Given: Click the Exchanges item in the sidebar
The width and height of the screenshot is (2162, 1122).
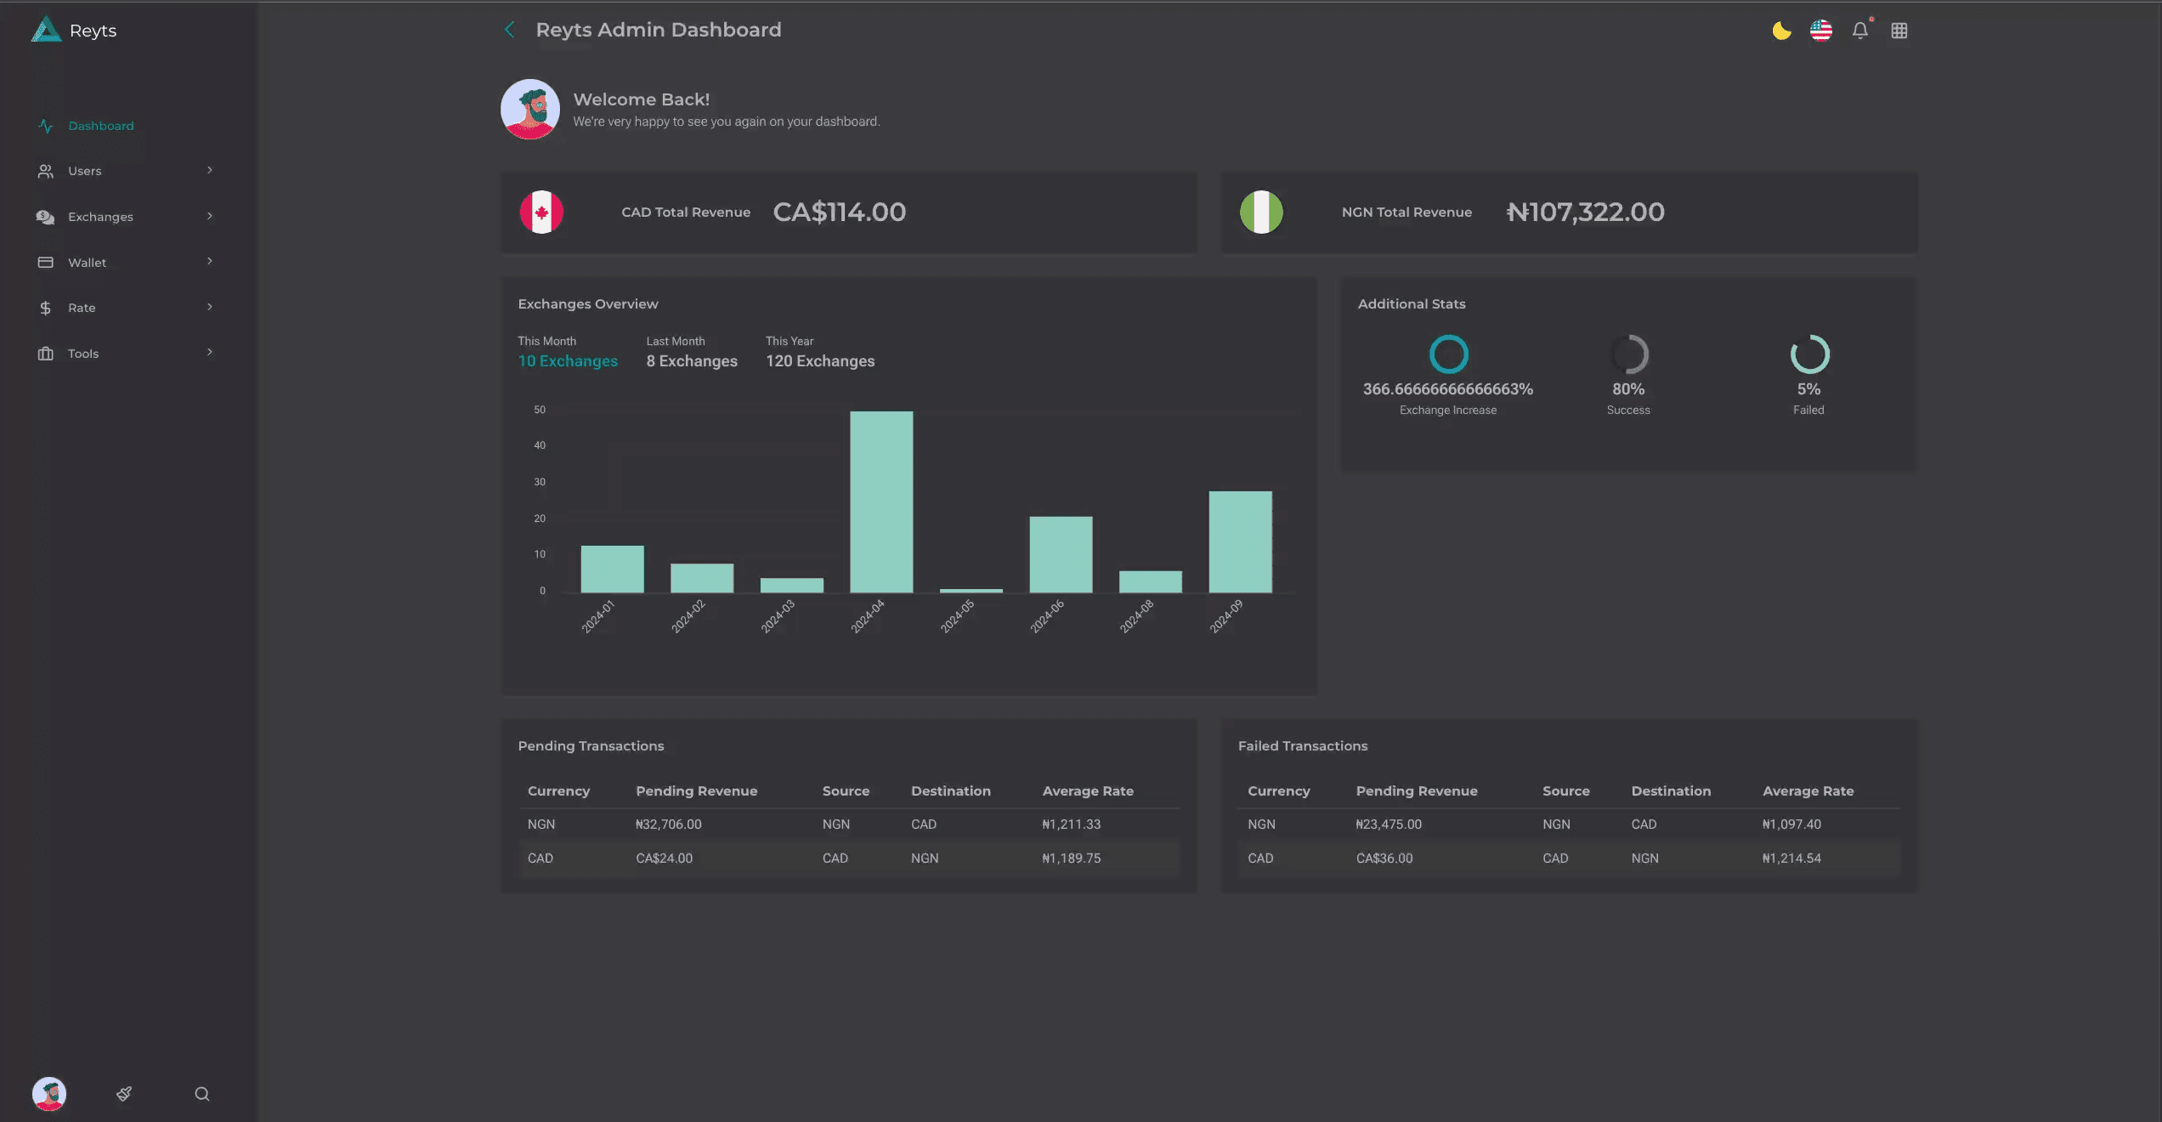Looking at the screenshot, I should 100,217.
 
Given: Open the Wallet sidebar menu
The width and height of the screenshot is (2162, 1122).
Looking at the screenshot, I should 87,263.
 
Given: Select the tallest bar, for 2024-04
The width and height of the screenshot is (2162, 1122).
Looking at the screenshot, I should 881,501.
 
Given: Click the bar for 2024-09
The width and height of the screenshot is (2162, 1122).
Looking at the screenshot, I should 1240,541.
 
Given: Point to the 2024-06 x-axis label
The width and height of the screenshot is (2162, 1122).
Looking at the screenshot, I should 1046,616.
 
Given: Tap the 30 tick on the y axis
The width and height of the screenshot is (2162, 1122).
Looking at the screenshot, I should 540,482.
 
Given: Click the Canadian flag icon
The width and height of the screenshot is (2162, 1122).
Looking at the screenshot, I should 541,212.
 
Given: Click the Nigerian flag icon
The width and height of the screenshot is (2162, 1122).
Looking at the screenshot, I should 1261,212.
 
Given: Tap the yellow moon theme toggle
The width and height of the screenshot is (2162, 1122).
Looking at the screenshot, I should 1781,31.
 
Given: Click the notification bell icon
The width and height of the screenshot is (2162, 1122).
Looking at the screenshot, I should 1859,31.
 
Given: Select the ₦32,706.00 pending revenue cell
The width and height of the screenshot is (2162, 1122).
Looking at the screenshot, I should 668,824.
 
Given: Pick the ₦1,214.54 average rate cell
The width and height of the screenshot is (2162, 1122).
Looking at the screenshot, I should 1791,858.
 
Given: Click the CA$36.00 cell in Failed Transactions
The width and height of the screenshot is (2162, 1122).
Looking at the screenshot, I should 1384,858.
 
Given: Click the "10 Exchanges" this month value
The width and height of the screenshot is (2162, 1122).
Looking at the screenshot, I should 568,361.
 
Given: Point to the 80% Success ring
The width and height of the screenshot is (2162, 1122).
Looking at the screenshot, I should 1629,354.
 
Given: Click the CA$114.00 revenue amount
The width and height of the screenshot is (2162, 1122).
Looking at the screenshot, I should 839,212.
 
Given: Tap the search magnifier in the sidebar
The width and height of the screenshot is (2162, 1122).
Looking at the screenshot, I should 202,1094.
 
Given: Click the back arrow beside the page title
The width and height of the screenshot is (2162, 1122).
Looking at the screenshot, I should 509,30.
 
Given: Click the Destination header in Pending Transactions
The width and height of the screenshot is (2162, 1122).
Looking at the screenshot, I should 950,791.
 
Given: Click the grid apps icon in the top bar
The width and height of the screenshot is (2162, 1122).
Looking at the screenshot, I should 1899,31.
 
